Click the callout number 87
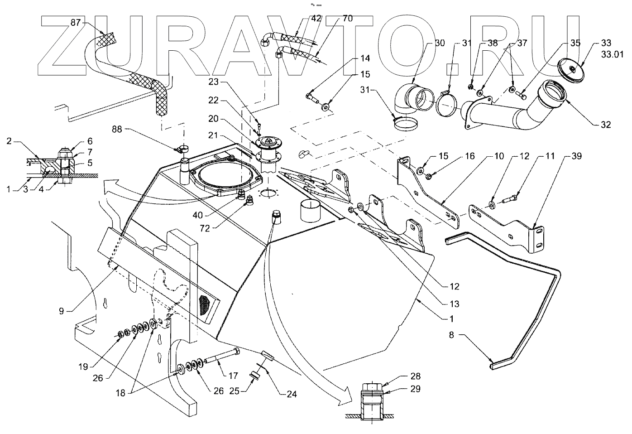coord(76,23)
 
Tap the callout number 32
coord(606,125)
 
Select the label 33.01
coord(612,54)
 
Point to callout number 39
coord(576,156)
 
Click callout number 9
coord(62,311)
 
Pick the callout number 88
coord(117,129)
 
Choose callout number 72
coord(205,228)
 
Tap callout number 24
coord(292,394)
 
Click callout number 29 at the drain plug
coord(415,389)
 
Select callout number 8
coord(451,335)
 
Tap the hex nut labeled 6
coord(65,154)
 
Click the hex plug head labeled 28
coord(372,387)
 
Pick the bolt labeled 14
coord(312,99)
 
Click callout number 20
coord(214,119)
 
